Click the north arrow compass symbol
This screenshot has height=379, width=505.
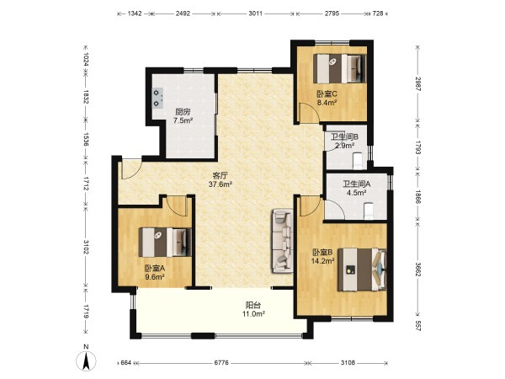[x=86, y=360]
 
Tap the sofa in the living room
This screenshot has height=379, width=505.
[x=283, y=241]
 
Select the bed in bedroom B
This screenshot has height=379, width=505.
[x=362, y=270]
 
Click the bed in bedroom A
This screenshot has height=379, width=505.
[x=165, y=243]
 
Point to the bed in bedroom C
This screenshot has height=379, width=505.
[x=340, y=69]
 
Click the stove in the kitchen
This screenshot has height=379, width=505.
[x=157, y=98]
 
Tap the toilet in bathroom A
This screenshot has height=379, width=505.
[x=369, y=211]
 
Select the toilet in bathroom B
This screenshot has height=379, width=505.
[x=358, y=161]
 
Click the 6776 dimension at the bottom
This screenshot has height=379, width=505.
[x=221, y=362]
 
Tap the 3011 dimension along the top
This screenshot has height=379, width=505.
[x=255, y=13]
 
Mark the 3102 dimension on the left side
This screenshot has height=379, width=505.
[x=86, y=247]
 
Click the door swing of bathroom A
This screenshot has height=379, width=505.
[x=335, y=209]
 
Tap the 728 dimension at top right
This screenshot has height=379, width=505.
[x=378, y=13]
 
